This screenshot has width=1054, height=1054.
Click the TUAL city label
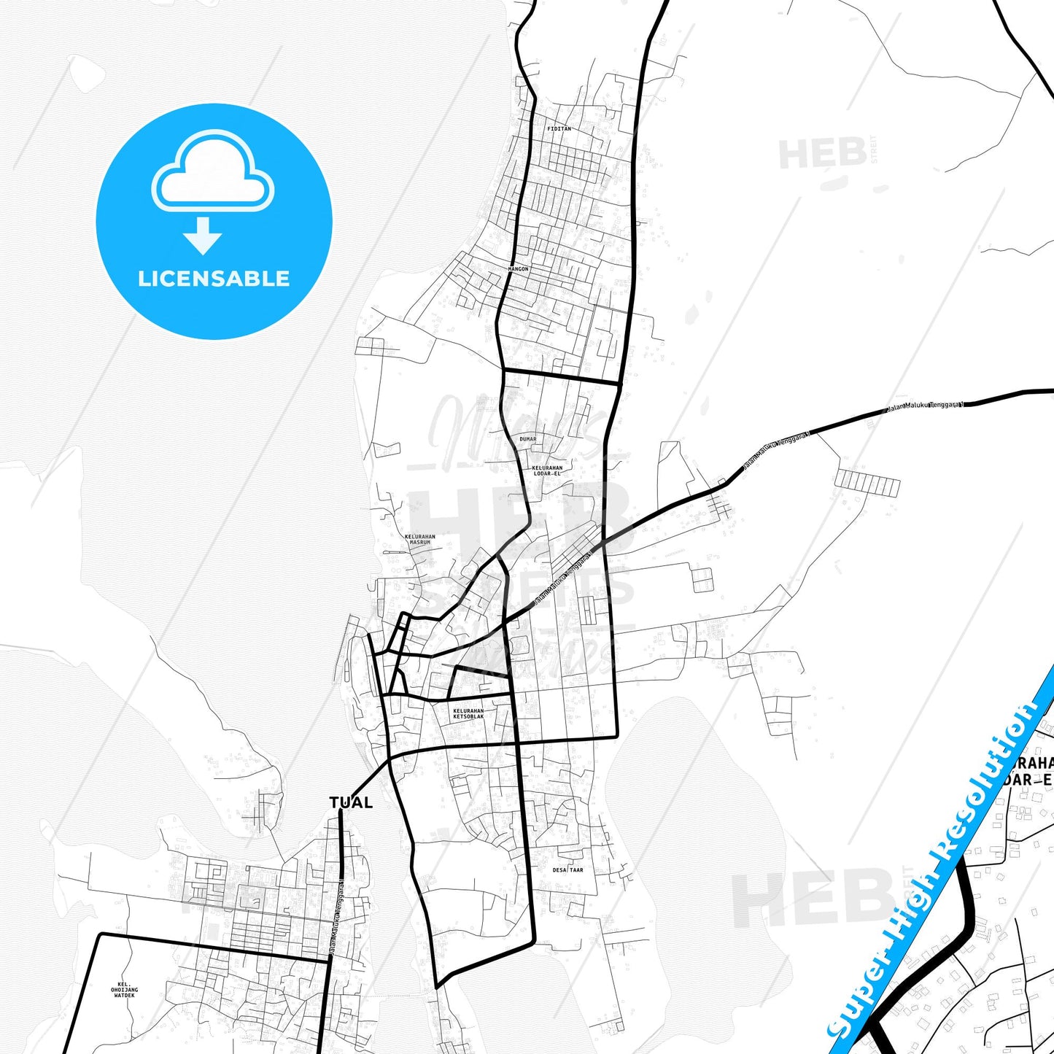(x=351, y=803)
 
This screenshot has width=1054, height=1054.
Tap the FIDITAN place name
(x=559, y=129)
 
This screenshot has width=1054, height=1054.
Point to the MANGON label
(x=518, y=269)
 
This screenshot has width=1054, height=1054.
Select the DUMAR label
(x=527, y=439)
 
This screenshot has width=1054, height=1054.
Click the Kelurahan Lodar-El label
(x=547, y=470)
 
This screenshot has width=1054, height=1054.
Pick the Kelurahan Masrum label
(x=420, y=539)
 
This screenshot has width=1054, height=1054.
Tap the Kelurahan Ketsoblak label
(x=468, y=713)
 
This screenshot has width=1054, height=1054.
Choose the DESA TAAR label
(x=567, y=869)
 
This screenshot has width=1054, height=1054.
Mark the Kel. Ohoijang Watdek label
(x=124, y=990)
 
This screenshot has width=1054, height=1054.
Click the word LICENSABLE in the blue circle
(x=214, y=279)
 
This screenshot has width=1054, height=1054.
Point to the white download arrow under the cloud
(x=202, y=236)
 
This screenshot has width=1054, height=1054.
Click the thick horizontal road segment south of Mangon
(x=561, y=377)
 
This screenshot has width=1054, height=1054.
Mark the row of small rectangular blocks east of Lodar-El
(x=867, y=483)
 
